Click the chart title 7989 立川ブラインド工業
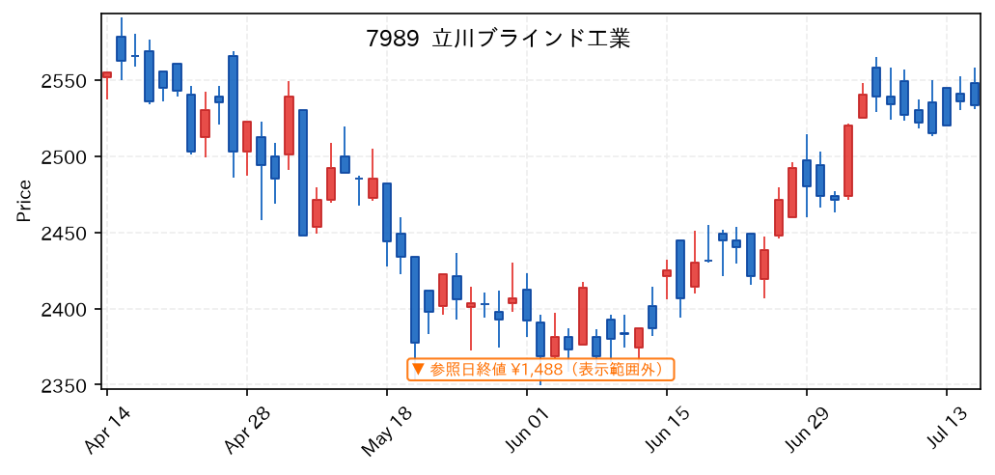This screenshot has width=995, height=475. (498, 40)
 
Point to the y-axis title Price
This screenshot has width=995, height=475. (24, 202)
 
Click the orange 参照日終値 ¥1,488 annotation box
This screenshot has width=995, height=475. (540, 369)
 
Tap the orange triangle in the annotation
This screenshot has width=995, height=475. (418, 368)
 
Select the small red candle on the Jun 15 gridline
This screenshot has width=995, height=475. (666, 273)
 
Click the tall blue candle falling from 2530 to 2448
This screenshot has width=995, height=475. (303, 173)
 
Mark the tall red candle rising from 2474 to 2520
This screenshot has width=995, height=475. (848, 160)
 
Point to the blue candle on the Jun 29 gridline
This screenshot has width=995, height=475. (807, 173)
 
